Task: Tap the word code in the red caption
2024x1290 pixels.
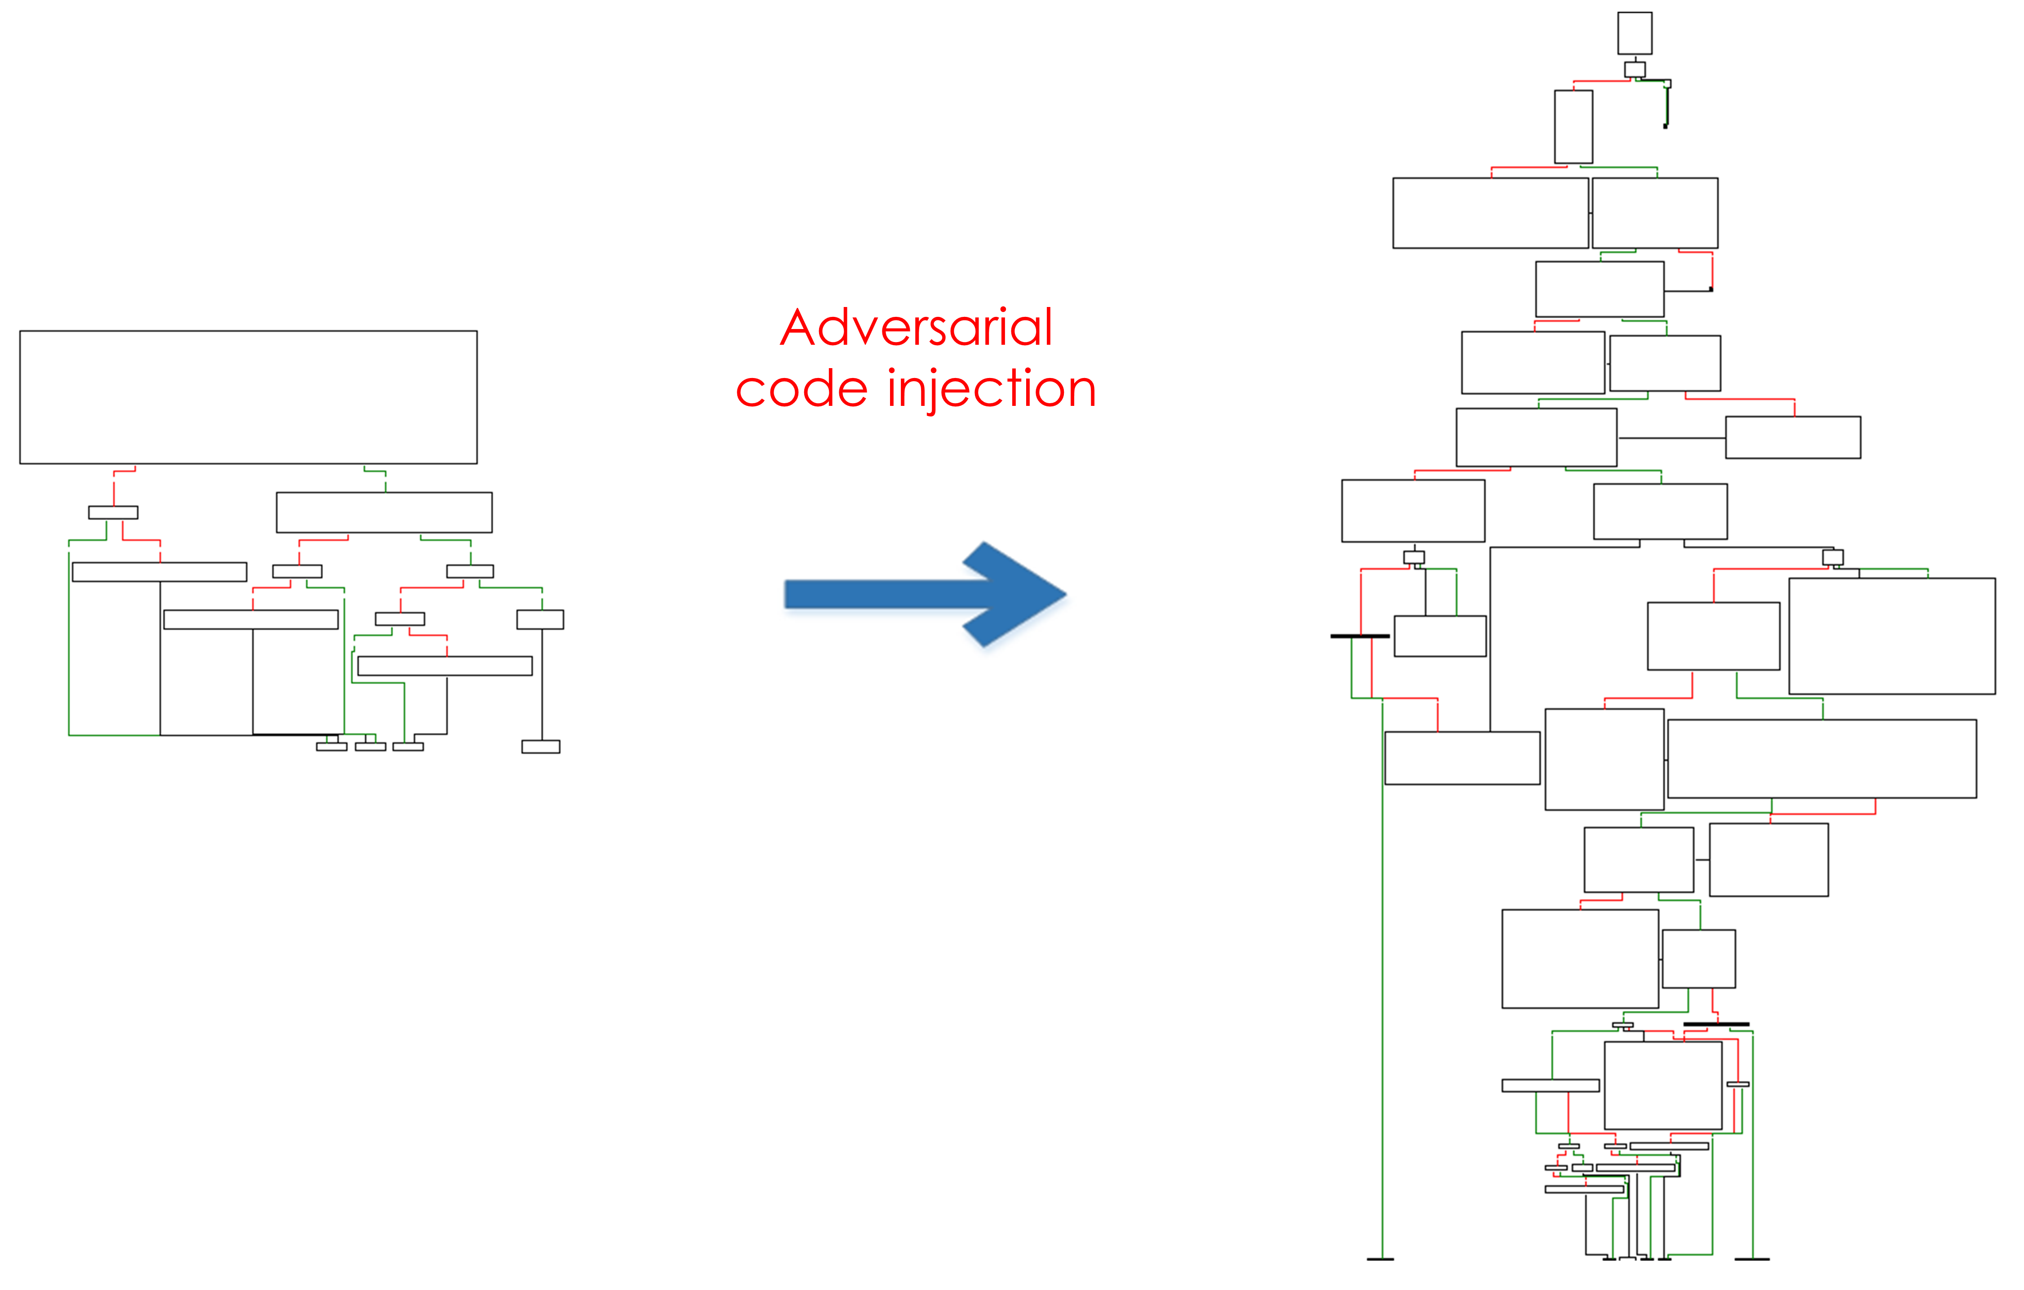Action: pyautogui.click(x=802, y=389)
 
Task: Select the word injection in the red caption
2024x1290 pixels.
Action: pyautogui.click(x=992, y=389)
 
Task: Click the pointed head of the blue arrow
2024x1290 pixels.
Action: pyautogui.click(x=1066, y=595)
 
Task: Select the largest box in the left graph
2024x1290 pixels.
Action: pyautogui.click(x=249, y=397)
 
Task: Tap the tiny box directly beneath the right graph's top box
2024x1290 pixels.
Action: pyautogui.click(x=1635, y=69)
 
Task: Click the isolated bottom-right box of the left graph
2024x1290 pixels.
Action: pyautogui.click(x=540, y=747)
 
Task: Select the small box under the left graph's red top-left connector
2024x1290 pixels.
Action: pyautogui.click(x=114, y=512)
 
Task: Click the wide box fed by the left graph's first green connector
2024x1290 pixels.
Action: pyautogui.click(x=384, y=512)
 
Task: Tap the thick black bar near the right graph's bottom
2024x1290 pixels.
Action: pyautogui.click(x=1716, y=1024)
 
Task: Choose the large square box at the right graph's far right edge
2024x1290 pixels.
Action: pyautogui.click(x=1892, y=636)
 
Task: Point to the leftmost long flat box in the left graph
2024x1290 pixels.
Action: pyautogui.click(x=159, y=572)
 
